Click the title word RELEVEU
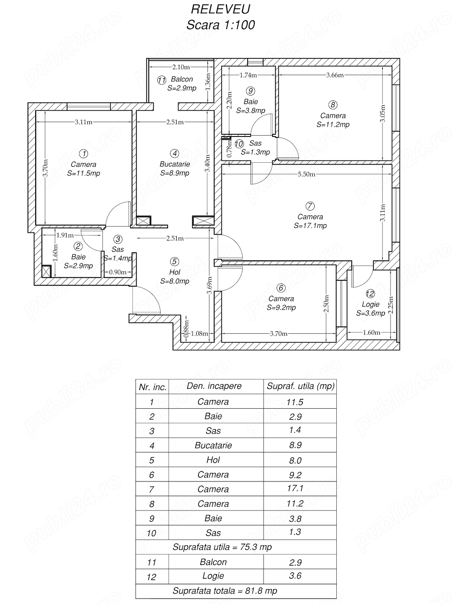point(221,9)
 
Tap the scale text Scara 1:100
point(221,25)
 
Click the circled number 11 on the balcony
point(161,80)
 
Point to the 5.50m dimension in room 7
point(306,174)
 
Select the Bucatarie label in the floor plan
point(174,164)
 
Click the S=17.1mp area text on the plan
point(310,226)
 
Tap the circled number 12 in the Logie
point(370,293)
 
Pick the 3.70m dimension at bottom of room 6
point(278,334)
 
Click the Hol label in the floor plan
point(174,272)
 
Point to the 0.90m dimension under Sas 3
point(118,273)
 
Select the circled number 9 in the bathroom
point(250,91)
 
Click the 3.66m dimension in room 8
point(335,75)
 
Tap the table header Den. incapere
point(214,386)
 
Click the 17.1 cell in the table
point(295,488)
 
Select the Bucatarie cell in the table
point(213,445)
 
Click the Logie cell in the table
point(213,576)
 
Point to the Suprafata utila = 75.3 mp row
point(222,547)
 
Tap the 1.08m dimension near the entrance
point(199,334)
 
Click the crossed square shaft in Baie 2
point(46,271)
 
